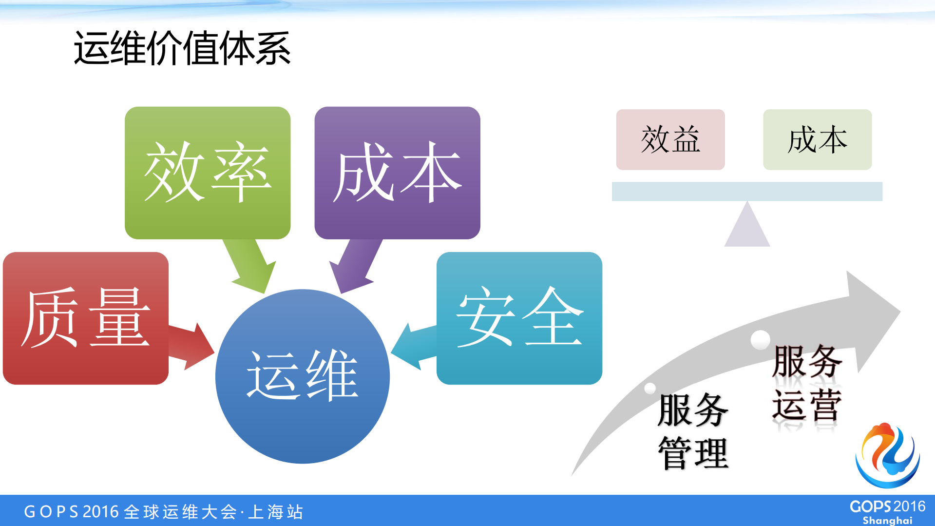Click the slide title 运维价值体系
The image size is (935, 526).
(182, 48)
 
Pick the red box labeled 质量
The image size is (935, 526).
(85, 318)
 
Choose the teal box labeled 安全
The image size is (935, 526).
(519, 318)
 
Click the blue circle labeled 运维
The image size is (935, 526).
(303, 376)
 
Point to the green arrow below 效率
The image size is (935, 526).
(250, 266)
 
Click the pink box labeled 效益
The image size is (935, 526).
(670, 139)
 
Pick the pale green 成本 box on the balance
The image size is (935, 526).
(817, 139)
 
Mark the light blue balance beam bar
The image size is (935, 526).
(747, 191)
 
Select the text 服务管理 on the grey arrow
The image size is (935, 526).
(693, 431)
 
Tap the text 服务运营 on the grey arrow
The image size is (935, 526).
(807, 383)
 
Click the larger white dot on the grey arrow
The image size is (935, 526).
(760, 340)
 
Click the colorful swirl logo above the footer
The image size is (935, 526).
(888, 456)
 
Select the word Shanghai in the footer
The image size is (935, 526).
(887, 520)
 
